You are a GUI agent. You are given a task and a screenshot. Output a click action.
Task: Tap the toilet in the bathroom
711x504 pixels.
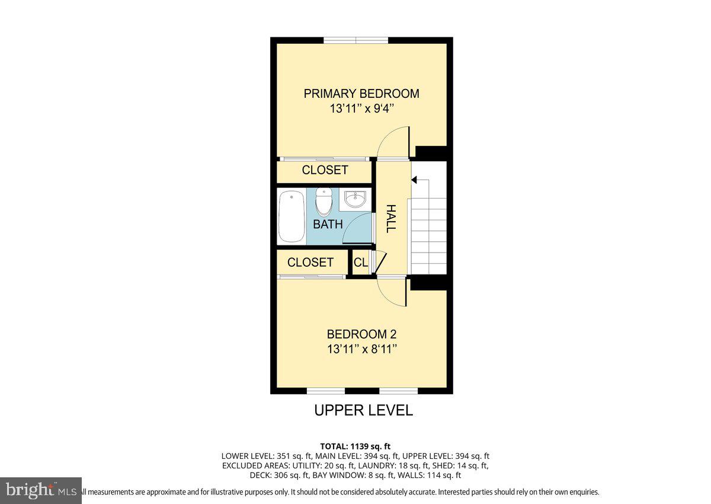(x=324, y=202)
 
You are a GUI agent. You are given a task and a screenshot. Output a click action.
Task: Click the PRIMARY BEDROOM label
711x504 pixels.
(x=361, y=94)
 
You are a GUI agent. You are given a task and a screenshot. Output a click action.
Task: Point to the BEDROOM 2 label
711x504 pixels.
(x=361, y=334)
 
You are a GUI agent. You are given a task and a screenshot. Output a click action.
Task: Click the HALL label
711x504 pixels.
(x=391, y=218)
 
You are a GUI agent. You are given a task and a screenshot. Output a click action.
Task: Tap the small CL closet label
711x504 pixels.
(x=360, y=262)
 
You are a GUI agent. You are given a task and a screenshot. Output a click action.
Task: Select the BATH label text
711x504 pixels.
(x=328, y=224)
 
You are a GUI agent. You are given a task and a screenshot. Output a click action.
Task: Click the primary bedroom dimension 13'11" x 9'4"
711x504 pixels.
(x=361, y=109)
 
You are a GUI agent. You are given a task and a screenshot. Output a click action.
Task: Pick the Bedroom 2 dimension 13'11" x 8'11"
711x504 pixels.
(x=361, y=349)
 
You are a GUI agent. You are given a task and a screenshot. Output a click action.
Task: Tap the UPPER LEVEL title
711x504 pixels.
(x=363, y=410)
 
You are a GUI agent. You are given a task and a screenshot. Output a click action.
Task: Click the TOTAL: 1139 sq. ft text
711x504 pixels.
(x=355, y=446)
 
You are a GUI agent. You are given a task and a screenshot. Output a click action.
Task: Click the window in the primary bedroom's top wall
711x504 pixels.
(x=355, y=40)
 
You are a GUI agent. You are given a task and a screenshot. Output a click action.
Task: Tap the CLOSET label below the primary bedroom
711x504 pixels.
(x=325, y=170)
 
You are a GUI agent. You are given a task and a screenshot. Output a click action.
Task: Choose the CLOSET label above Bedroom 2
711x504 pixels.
(x=310, y=262)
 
